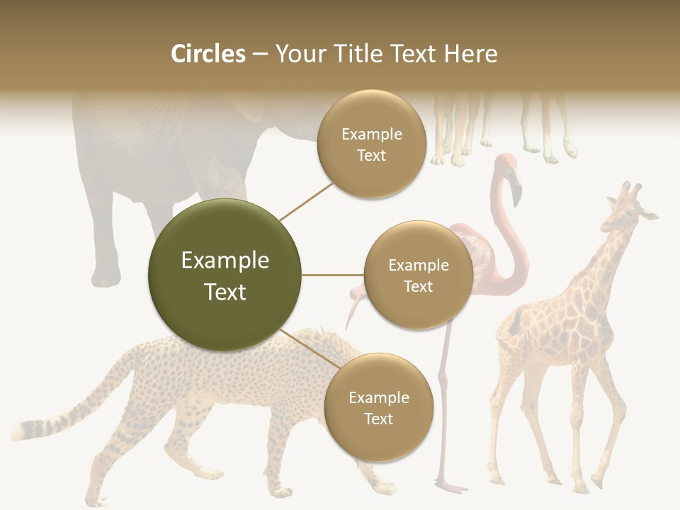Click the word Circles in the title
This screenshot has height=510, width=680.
[208, 54]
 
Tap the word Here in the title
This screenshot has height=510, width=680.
[470, 54]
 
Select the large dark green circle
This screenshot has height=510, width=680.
[225, 275]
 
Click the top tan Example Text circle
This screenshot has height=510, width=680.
[371, 144]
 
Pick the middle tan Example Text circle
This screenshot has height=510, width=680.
[418, 275]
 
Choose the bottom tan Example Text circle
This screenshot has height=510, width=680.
[378, 407]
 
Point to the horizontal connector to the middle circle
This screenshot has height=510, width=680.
[332, 275]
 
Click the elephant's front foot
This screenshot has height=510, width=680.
[106, 276]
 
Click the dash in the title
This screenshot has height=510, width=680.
[260, 55]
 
